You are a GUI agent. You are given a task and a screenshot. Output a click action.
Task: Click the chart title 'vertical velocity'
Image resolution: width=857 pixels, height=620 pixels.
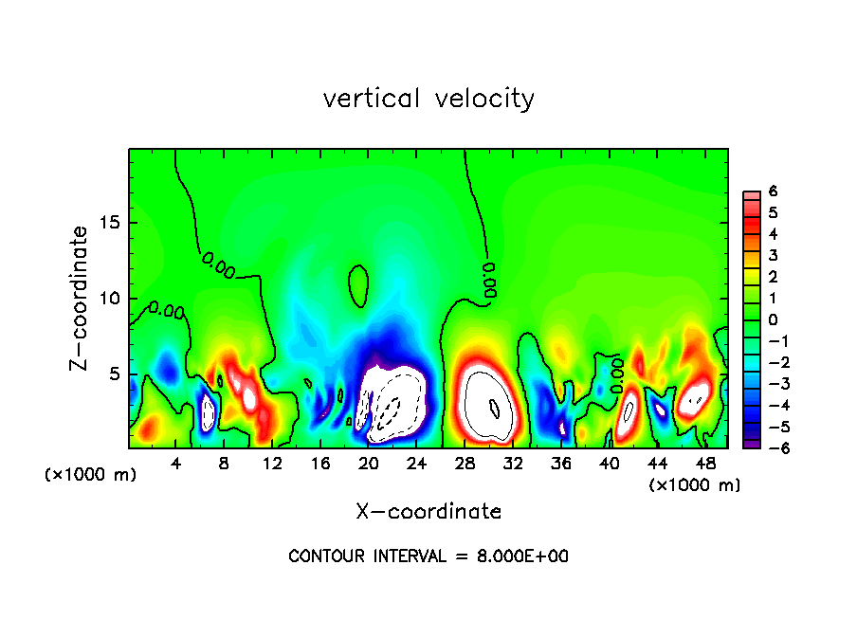pos(428,98)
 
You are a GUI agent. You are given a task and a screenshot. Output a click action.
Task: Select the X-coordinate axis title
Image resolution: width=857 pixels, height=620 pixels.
pos(428,511)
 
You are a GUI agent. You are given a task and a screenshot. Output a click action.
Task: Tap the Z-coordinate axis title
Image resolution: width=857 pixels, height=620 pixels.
pos(82,298)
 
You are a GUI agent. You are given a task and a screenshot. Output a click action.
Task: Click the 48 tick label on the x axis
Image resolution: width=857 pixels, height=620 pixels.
pos(705,463)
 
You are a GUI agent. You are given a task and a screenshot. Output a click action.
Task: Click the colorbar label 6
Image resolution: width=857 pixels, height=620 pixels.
pos(773,191)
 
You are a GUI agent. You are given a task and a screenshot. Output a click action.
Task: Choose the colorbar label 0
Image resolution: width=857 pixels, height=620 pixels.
pos(773,319)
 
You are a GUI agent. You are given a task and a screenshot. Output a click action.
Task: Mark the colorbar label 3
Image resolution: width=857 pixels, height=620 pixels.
pos(773,255)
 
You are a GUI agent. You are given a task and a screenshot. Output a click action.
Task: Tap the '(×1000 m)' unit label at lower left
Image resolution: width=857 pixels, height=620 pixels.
pos(90,475)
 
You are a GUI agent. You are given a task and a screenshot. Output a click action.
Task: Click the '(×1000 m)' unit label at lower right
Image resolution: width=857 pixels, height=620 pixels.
pos(694,484)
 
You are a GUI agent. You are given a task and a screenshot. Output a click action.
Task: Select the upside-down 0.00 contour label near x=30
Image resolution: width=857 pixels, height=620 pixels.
pos(490,281)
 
